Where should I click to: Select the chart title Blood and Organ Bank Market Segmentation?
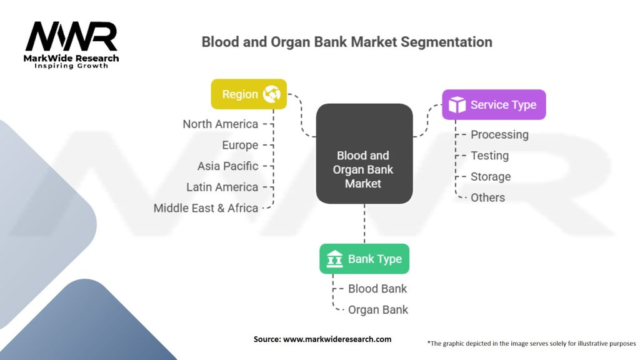[x=346, y=42]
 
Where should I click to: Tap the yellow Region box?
[x=249, y=94]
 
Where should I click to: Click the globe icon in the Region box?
[x=272, y=94]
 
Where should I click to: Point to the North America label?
[x=220, y=124]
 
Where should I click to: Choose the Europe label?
[x=240, y=145]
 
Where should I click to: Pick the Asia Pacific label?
[x=227, y=166]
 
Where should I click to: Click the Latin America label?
[x=222, y=187]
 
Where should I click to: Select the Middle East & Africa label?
[x=206, y=208]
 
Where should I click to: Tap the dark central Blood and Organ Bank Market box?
[x=364, y=154]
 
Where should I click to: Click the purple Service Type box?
[x=494, y=105]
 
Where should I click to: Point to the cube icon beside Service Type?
[x=457, y=105]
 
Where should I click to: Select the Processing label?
[x=499, y=134]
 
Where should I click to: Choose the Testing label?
[x=489, y=156]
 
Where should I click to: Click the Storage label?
[x=491, y=177]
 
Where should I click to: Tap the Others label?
[x=487, y=197]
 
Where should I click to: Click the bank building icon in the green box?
[x=334, y=259]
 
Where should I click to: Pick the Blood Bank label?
[x=377, y=289]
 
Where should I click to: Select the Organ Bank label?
[x=378, y=309]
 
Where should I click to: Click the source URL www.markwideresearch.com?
[x=337, y=339]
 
